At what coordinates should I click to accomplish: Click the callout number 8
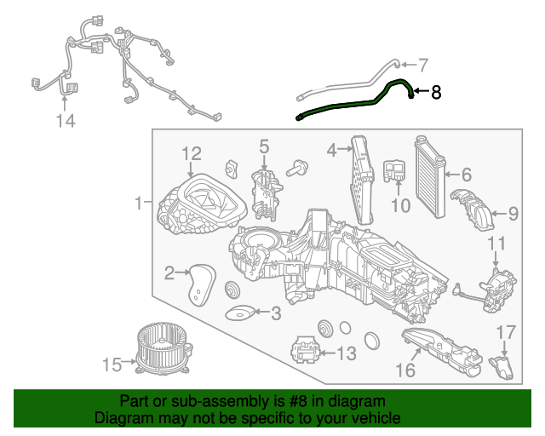436,93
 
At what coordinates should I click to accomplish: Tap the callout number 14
66,122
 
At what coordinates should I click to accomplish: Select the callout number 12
192,153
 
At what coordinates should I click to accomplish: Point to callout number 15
112,365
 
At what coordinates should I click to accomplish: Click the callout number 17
506,331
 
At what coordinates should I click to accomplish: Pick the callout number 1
138,204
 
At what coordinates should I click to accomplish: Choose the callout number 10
400,205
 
